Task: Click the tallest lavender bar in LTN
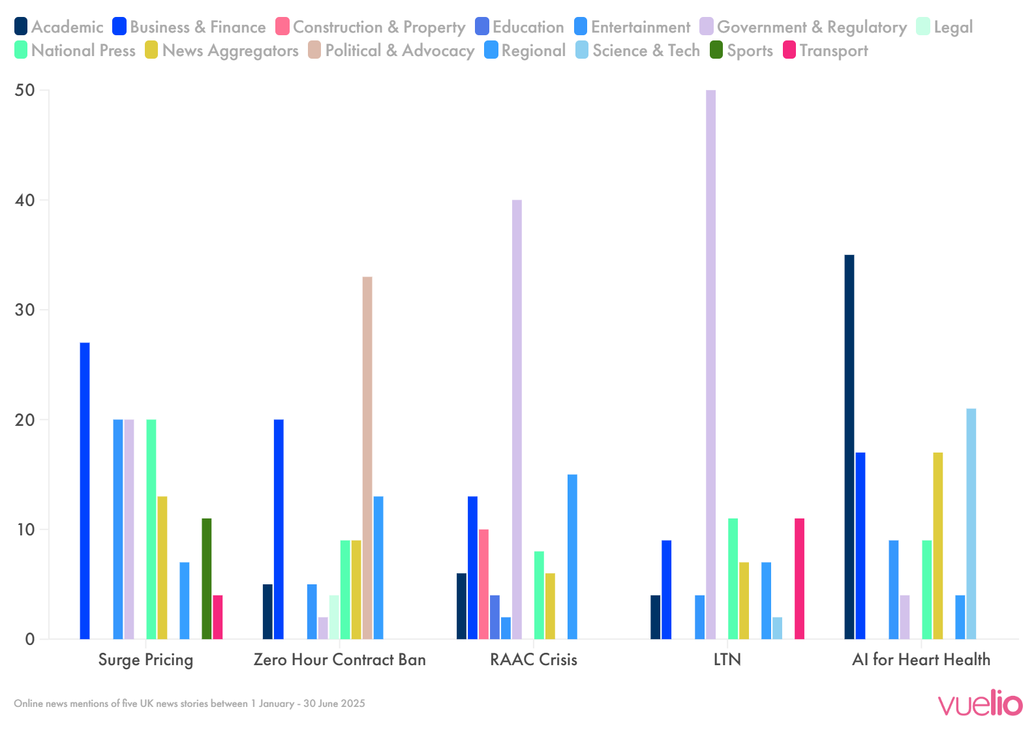tap(710, 365)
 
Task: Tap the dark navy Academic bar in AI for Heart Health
tap(849, 447)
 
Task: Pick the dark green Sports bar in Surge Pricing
tap(206, 578)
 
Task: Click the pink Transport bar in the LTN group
tap(799, 578)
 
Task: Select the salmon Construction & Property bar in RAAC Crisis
tap(483, 584)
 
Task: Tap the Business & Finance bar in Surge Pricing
tap(85, 490)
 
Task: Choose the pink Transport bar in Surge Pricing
tap(217, 617)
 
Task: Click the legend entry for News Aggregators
tap(222, 51)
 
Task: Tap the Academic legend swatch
tap(21, 27)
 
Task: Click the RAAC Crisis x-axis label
tap(533, 660)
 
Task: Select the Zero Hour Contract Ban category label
tap(339, 660)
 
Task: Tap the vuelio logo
tap(980, 704)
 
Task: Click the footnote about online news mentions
tap(189, 704)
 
